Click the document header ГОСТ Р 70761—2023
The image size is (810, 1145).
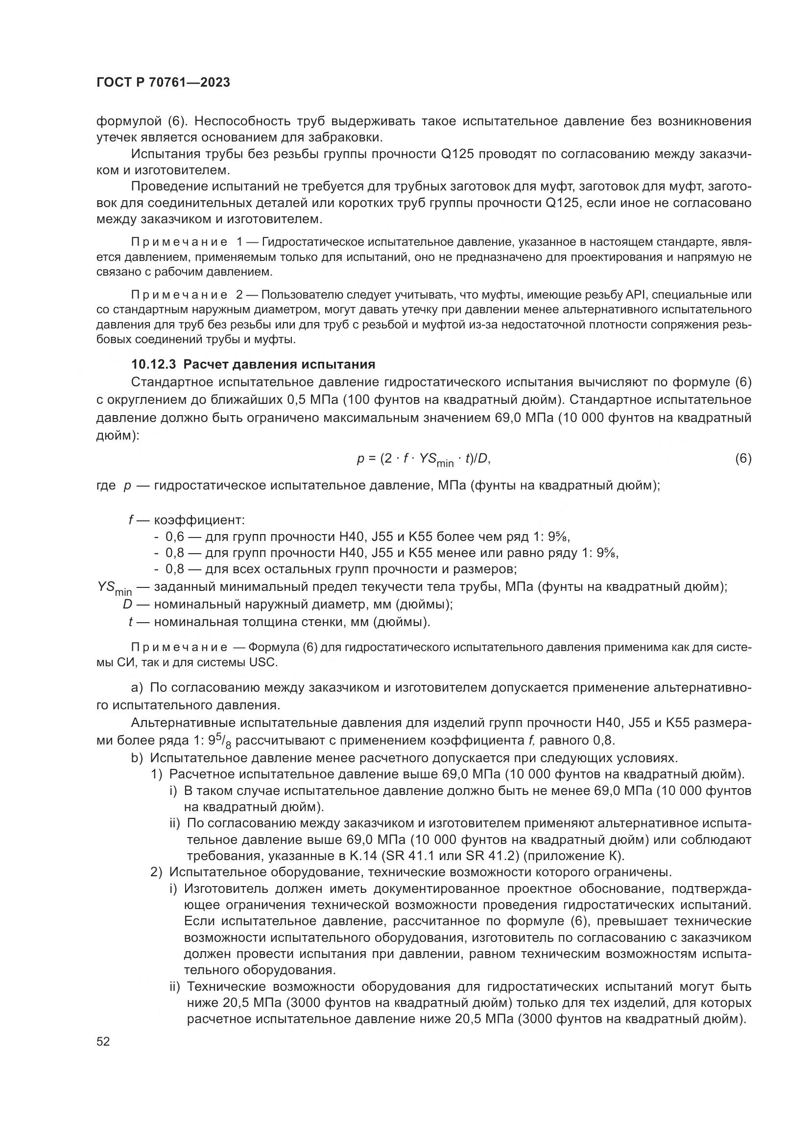pos(163,83)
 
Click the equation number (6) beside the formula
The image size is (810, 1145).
pos(743,458)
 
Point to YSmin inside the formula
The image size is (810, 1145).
pos(436,460)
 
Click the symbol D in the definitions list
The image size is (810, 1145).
pos(128,605)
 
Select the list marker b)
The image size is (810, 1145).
pos(137,758)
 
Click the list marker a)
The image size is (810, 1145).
pos(137,688)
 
